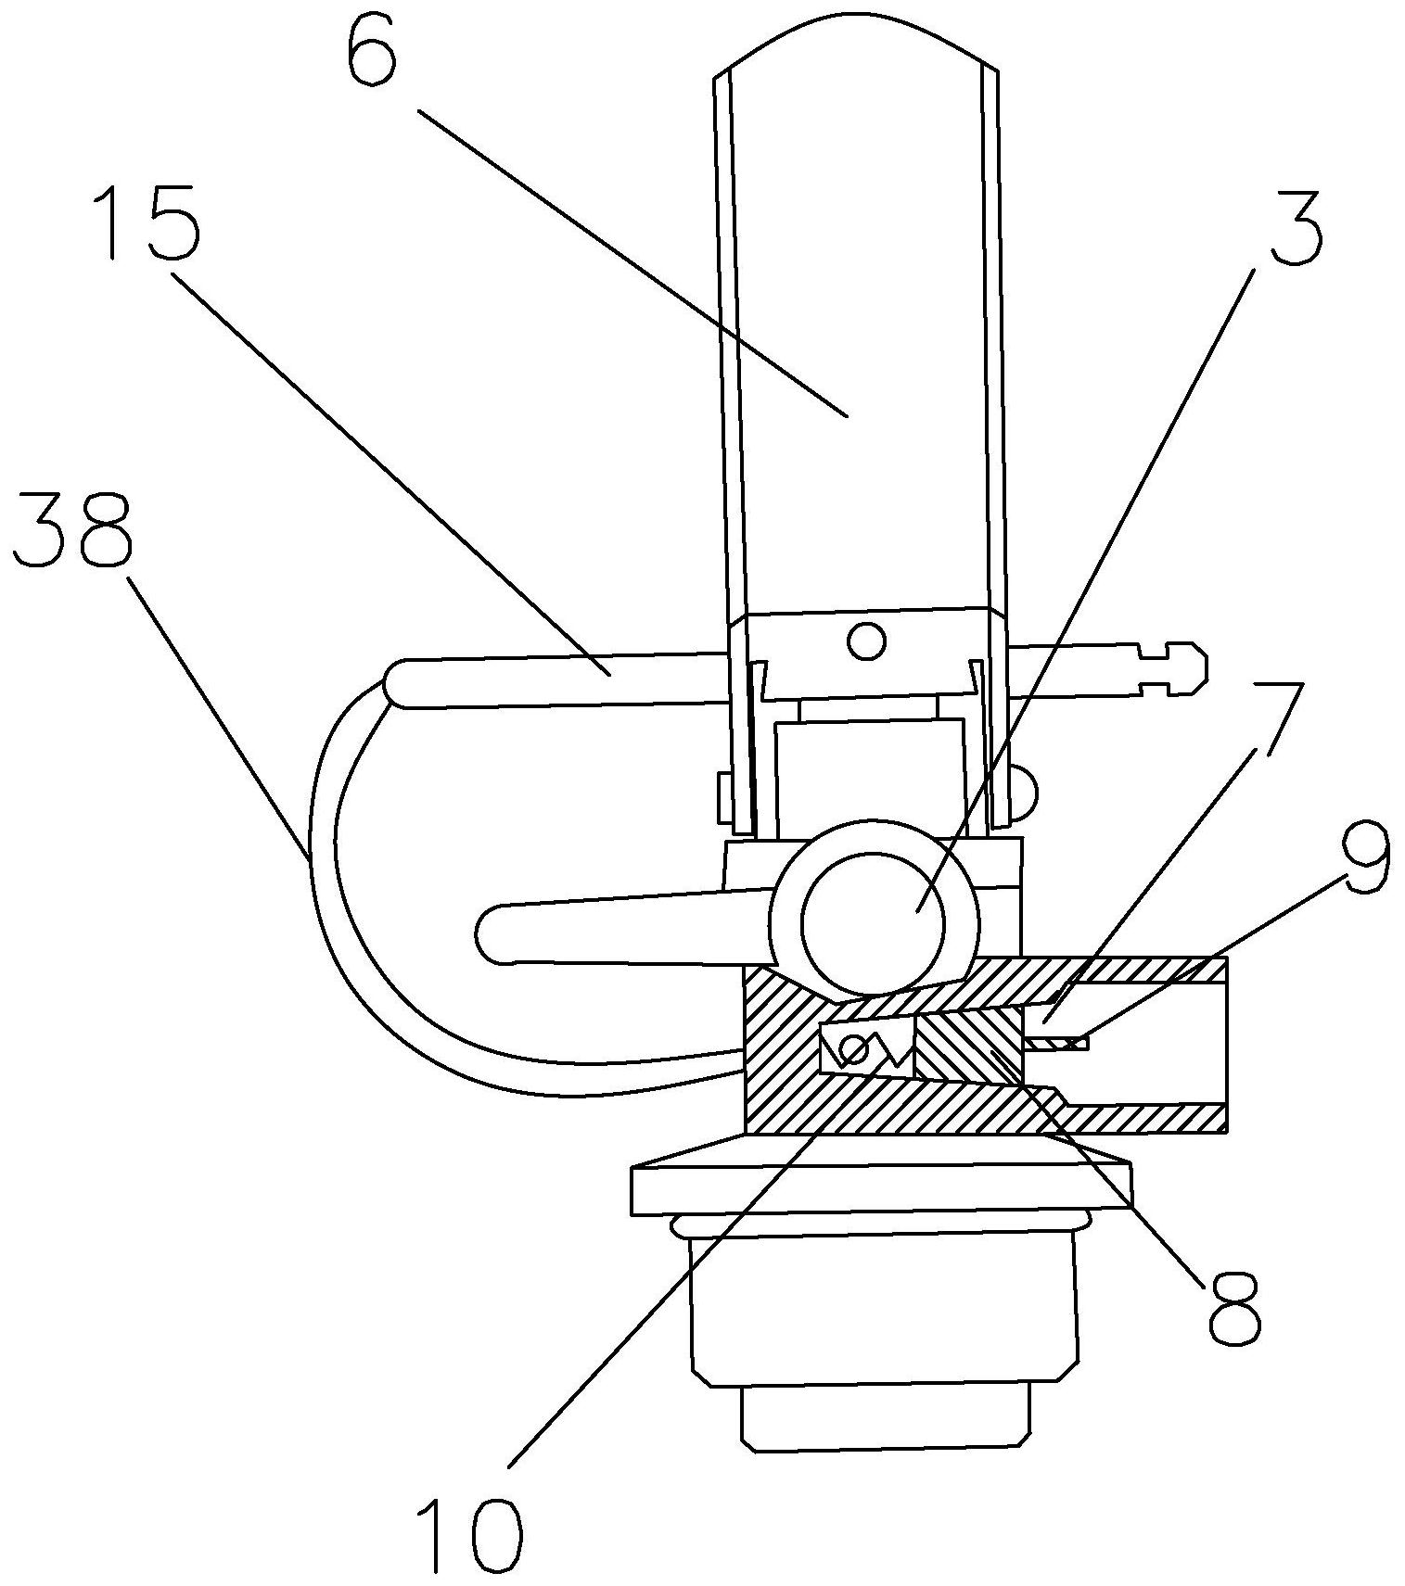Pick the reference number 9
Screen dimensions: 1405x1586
(1360, 857)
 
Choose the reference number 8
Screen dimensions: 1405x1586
(1235, 1307)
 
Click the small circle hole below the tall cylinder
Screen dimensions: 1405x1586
(866, 641)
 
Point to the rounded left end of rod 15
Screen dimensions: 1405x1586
(401, 683)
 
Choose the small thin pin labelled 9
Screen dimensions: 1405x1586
(1057, 1044)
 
